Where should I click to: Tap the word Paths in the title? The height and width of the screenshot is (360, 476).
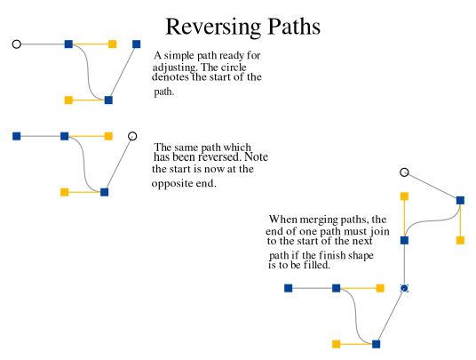point(294,27)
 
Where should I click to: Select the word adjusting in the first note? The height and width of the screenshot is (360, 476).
point(175,68)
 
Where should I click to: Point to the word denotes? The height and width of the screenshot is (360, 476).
point(171,76)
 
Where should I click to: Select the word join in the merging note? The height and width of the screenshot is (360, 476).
point(380,232)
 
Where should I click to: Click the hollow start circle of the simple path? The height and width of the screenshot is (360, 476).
point(17,44)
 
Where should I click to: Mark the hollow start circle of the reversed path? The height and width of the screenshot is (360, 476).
point(132,136)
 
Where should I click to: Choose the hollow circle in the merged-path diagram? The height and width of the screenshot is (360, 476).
point(404,172)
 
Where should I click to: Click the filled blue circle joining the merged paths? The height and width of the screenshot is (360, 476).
point(404,288)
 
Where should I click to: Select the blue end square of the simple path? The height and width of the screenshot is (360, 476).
point(136,44)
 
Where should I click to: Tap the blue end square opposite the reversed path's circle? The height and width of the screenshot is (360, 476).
point(16,136)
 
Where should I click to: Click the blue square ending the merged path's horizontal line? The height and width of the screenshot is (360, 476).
point(288,288)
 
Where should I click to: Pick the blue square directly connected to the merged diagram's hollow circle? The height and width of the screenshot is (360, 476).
point(460,200)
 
